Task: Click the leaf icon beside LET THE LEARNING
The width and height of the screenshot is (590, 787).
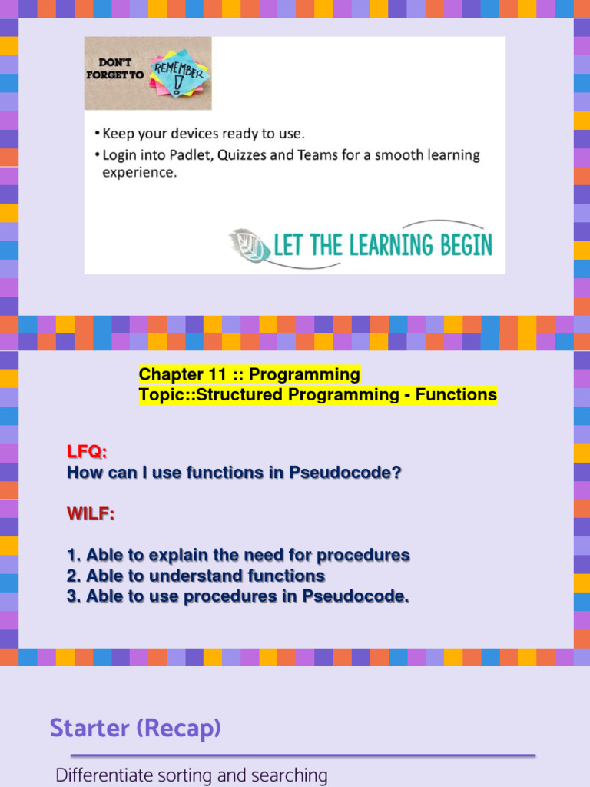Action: click(x=250, y=245)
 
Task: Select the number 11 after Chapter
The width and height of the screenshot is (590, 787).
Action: click(x=215, y=374)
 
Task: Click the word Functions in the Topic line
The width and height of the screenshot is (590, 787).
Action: click(x=456, y=395)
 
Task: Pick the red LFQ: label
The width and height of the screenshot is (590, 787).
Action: click(x=87, y=452)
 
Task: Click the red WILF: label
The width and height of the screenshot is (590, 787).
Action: click(x=91, y=513)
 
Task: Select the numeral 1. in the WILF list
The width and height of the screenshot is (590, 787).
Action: click(x=74, y=555)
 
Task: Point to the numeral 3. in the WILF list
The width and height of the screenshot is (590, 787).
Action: click(x=74, y=596)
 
